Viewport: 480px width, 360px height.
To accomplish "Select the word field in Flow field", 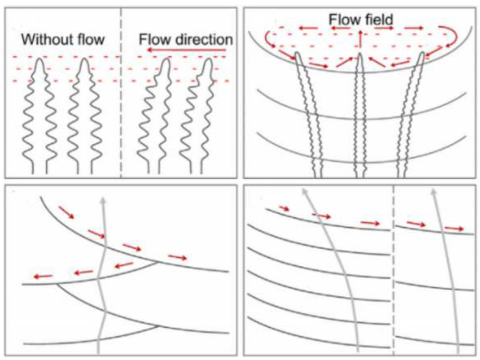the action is [379, 20].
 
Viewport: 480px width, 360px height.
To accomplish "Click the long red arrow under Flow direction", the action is [186, 50].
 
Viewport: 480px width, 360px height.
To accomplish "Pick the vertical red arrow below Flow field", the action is [360, 39].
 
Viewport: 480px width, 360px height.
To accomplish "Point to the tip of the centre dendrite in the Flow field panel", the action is [360, 54].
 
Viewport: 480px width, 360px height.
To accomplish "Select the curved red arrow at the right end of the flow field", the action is [456, 37].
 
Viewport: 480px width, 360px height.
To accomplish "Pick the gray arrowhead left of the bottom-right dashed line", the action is [304, 192].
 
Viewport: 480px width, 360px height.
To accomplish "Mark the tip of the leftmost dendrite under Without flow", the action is [39, 59].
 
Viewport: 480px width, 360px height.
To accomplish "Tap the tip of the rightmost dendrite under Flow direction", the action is [209, 59].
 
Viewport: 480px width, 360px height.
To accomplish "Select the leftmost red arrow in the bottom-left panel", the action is [43, 276].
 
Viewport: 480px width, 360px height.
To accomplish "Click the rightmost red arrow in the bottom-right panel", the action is [454, 228].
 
